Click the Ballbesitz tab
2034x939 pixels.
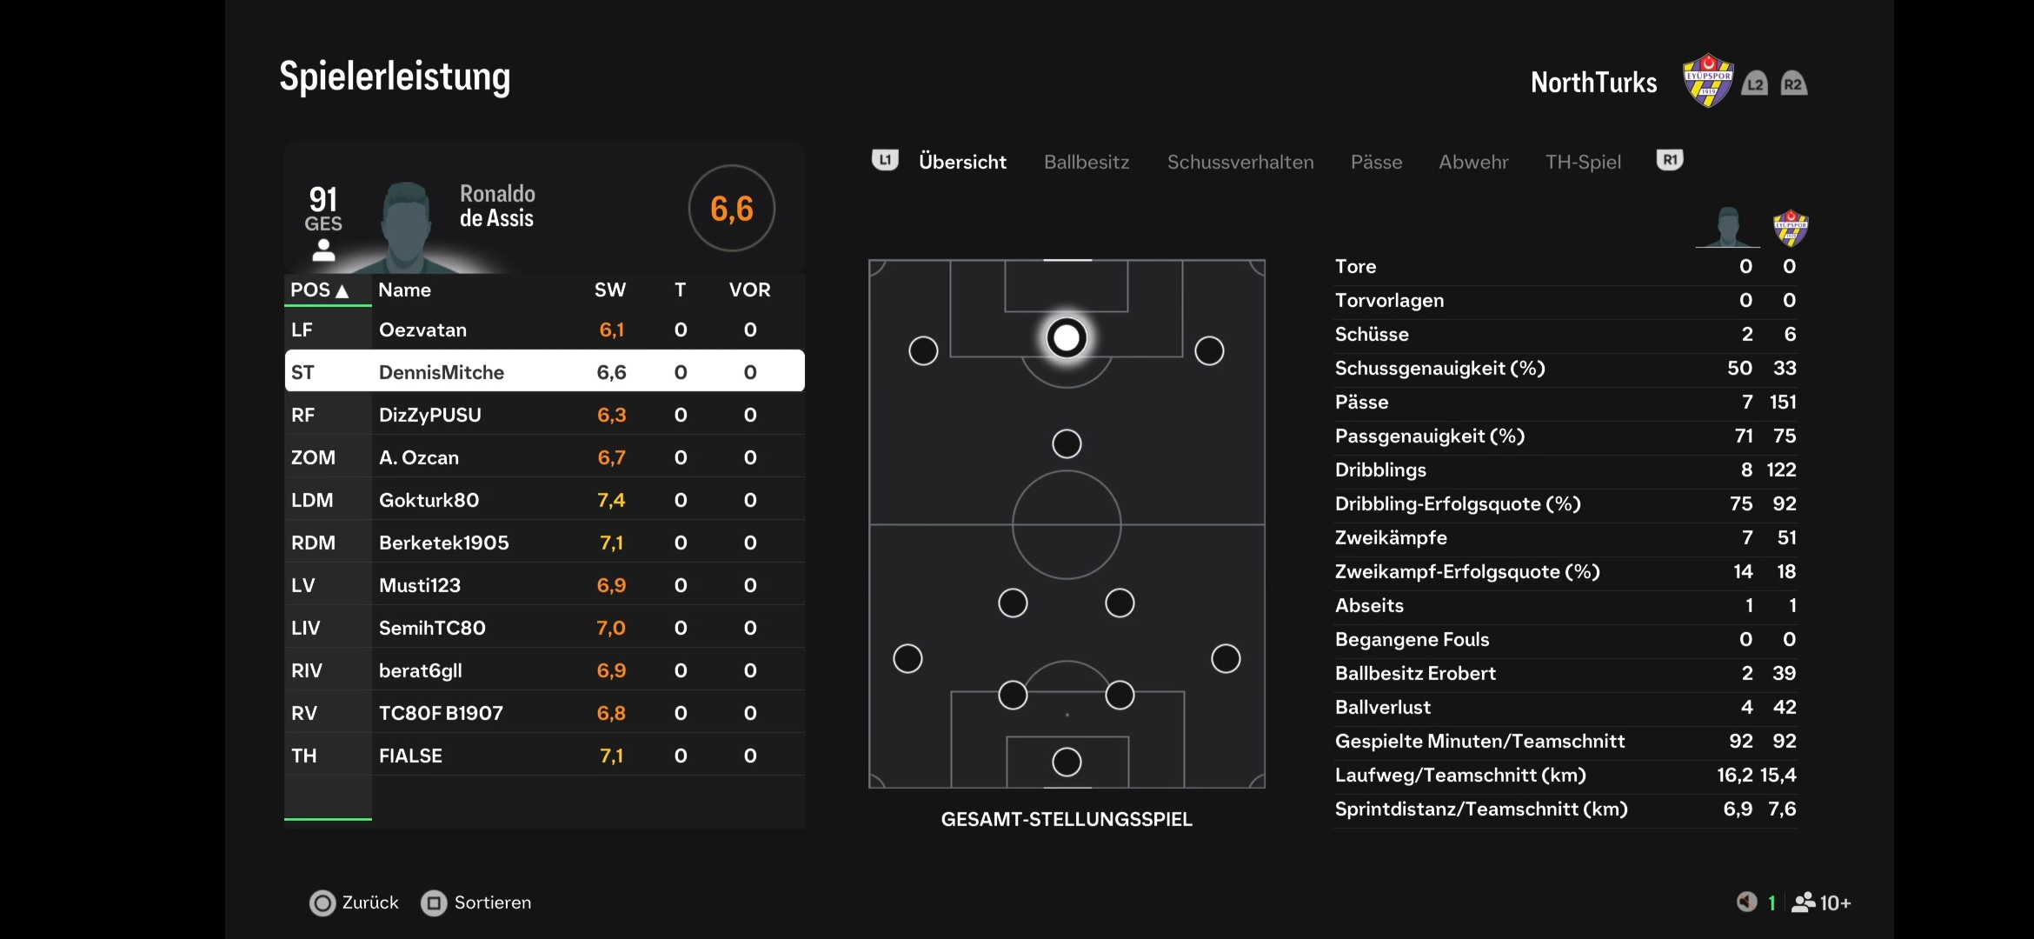pos(1087,163)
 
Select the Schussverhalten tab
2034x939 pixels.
pos(1240,163)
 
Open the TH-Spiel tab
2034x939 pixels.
pos(1583,163)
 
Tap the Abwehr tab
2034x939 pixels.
pos(1473,163)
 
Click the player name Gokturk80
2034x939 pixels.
pos(429,500)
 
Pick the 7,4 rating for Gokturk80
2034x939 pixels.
pos(611,500)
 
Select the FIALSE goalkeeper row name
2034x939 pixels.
pos(410,756)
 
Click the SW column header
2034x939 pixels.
pos(610,290)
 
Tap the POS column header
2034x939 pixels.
pos(319,290)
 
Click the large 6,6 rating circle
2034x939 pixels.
pos(732,209)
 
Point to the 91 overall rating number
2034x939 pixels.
pos(323,200)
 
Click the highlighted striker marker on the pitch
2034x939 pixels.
pos(1067,337)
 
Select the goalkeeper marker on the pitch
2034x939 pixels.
pos(1067,763)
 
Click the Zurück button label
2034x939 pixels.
pos(370,902)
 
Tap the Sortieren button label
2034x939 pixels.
pos(493,902)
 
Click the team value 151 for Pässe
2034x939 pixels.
pos(1783,402)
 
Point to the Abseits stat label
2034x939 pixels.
pos(1369,605)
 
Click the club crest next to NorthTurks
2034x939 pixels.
pos(1708,80)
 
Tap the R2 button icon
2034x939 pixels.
pos(1794,83)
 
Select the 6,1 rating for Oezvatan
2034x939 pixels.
pos(612,330)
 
